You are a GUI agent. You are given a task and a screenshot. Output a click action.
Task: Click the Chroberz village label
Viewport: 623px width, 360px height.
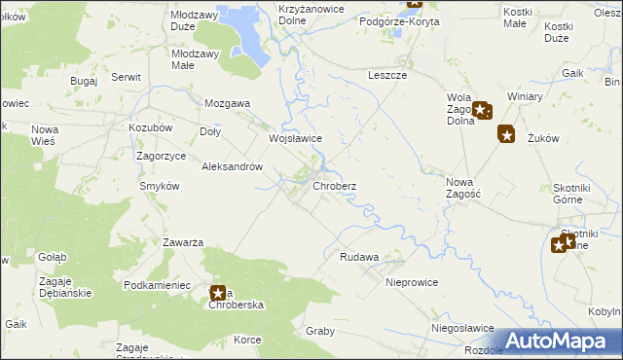334,186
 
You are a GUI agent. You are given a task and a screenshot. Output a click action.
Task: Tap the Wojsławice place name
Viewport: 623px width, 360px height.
295,139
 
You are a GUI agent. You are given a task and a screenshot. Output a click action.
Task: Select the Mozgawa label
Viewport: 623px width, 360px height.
227,102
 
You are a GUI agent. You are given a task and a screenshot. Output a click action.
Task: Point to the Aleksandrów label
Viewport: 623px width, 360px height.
233,166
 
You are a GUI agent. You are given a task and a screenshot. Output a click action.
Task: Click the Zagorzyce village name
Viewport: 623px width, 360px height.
162,156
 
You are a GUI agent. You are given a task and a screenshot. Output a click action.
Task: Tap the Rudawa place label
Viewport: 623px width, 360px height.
358,258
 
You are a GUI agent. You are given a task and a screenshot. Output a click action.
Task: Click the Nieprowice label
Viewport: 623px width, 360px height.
412,282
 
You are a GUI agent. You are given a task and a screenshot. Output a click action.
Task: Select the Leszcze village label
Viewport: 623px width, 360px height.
386,75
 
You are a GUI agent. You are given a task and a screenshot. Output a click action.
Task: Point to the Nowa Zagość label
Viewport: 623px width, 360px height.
463,187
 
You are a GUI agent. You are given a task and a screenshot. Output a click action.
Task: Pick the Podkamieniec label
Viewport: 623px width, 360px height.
156,284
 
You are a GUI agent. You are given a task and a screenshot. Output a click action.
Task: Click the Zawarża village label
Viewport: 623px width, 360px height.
182,242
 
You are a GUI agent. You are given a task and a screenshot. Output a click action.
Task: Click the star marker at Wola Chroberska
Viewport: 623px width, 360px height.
218,292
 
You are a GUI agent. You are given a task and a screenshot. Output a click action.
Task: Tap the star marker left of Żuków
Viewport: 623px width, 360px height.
505,135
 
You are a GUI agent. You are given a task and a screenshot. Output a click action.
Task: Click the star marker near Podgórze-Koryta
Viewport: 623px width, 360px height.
416,5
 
